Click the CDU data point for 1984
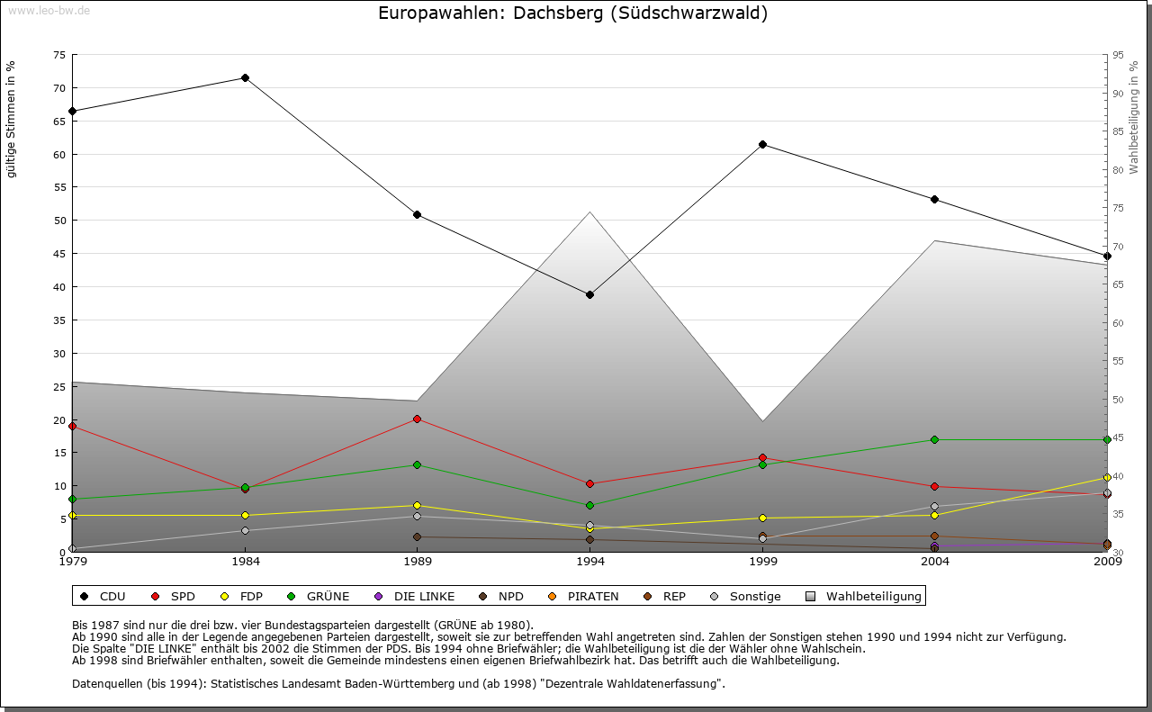245,78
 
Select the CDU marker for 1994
589,295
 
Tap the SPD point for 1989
417,419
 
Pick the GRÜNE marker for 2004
935,440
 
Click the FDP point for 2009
1107,478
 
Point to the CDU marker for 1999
762,145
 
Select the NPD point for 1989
417,537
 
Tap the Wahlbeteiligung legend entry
863,596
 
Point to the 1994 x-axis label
590,562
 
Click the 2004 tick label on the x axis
935,562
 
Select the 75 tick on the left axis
59,55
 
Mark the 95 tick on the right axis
1117,55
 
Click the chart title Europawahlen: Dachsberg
572,14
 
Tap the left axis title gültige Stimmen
11,119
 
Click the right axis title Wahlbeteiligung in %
1134,117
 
